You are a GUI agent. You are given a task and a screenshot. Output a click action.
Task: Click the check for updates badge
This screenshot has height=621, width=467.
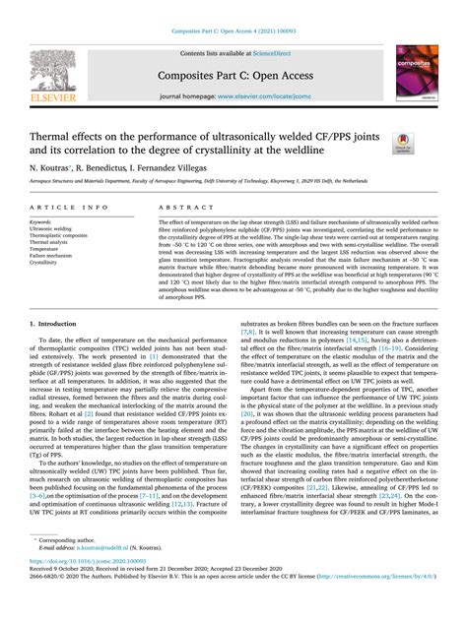tap(403, 143)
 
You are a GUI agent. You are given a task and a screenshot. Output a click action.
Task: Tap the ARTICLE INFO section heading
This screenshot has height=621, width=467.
tap(70, 209)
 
